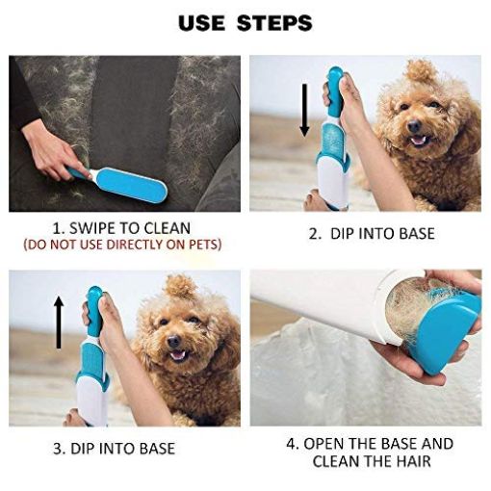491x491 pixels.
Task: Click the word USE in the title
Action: tap(203, 22)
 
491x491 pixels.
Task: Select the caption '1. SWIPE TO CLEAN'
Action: tap(120, 228)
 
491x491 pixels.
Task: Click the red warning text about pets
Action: tap(120, 245)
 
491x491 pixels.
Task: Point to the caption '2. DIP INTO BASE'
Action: tap(371, 233)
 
